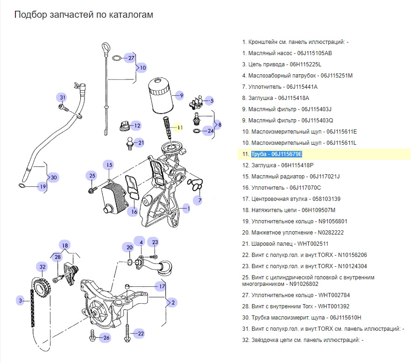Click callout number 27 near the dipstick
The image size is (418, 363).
tap(131, 58)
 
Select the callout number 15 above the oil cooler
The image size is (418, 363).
tap(109, 165)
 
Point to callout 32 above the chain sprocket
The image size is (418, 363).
tap(43, 267)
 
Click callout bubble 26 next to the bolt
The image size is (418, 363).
tap(106, 337)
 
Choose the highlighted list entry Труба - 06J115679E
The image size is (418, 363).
tap(276, 154)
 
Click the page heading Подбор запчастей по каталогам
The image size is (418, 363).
tap(84, 15)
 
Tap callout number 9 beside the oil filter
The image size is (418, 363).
tap(181, 95)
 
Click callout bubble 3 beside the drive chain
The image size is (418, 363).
tap(20, 300)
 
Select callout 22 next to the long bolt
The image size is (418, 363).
tap(141, 334)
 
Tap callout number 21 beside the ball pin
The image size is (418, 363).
tap(141, 143)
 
